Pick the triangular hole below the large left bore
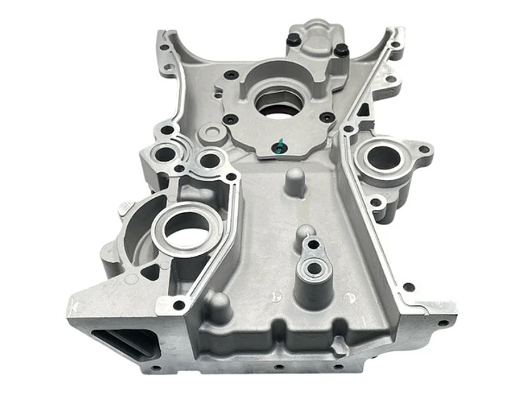[x=151, y=272]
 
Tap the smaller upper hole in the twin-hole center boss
[x=313, y=245]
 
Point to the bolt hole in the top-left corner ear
[x=165, y=47]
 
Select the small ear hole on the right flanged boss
[x=424, y=150]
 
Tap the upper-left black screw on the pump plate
[x=230, y=74]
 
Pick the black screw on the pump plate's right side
[x=327, y=116]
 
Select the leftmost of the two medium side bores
[x=165, y=153]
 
